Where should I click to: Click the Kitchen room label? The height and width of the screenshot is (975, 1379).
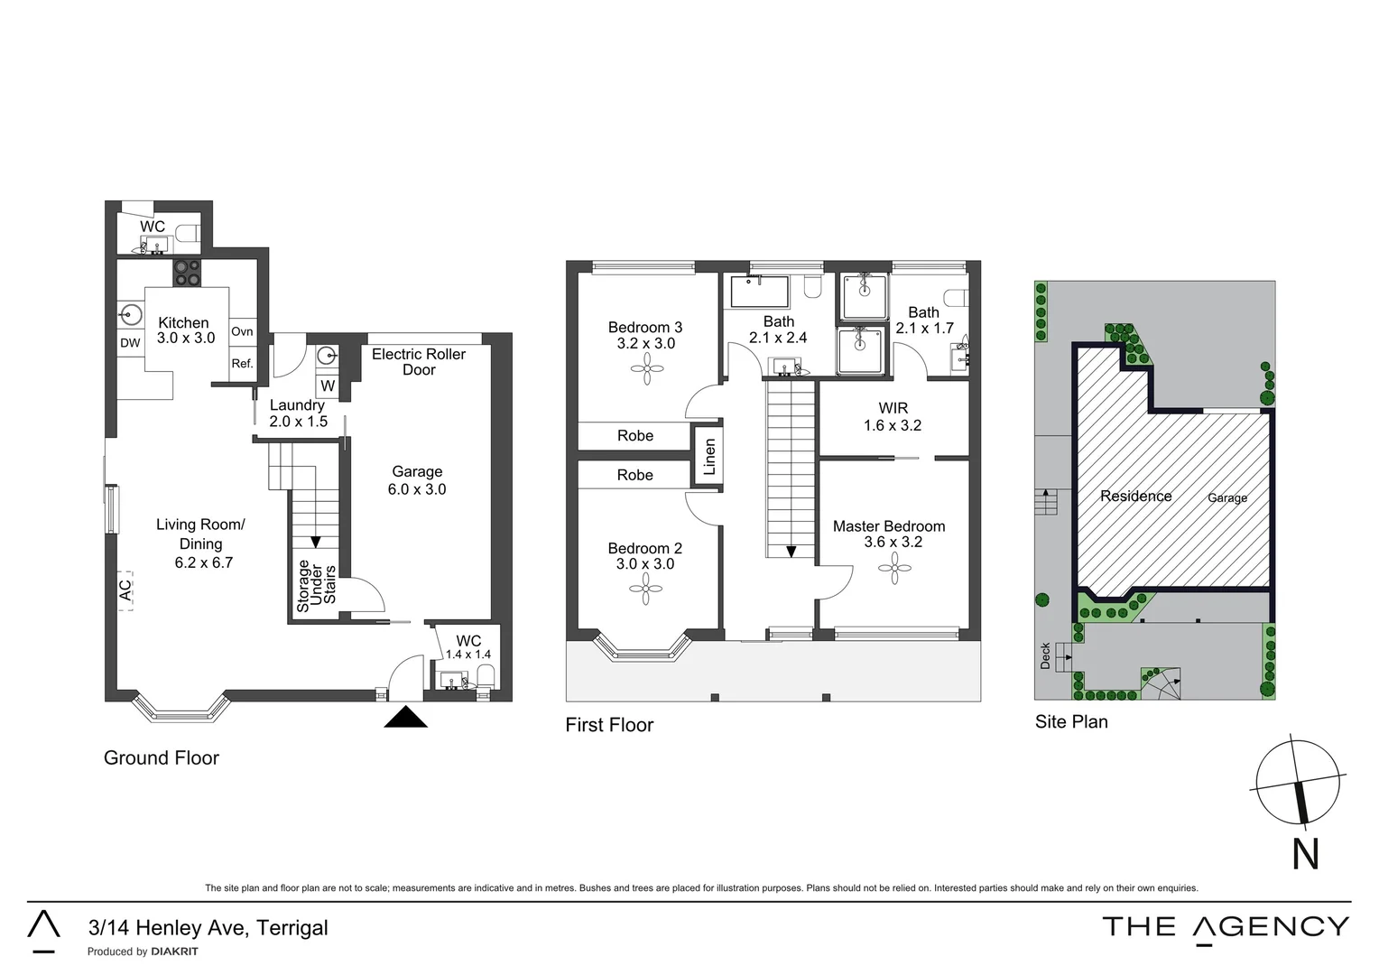183,323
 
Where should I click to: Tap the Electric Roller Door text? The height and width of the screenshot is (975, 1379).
419,362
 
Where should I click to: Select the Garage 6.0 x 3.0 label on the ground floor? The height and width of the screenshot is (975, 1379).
417,480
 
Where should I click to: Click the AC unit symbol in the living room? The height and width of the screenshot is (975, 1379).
125,590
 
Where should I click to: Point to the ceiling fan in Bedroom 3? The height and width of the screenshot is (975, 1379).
647,367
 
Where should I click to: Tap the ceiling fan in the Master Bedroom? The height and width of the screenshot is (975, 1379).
894,568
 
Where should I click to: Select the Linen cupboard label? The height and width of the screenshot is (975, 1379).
709,457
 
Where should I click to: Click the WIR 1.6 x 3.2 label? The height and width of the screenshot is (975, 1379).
893,417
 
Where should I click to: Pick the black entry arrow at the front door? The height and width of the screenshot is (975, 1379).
406,717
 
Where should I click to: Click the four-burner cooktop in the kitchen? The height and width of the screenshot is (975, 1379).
188,273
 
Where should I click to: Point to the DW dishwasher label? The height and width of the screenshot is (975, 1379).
130,343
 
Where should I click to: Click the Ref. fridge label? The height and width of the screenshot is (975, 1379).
242,364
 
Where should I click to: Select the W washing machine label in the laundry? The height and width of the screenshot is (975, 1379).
328,385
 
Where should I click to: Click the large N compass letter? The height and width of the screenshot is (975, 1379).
1306,854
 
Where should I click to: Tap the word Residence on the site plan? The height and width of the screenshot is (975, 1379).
1135,496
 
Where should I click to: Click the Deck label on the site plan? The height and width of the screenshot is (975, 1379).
1046,655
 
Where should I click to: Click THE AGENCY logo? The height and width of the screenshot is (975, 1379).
1226,927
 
